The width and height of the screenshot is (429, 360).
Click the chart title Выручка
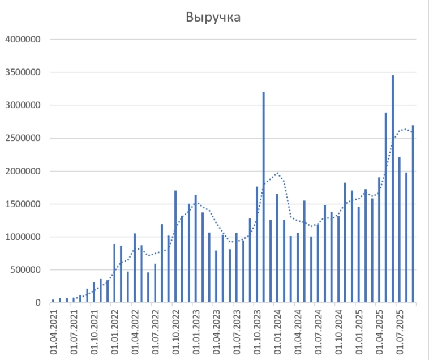tap(213, 18)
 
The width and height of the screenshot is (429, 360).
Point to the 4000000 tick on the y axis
tap(22, 40)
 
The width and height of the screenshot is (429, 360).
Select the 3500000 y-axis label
tap(22, 72)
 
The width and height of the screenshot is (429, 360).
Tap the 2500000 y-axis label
tap(22, 138)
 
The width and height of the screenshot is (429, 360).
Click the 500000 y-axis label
tap(24, 269)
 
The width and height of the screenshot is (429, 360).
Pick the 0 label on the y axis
tap(37, 303)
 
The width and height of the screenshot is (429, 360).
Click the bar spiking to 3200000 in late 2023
tap(264, 198)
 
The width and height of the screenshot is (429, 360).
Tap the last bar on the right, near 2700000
tap(413, 215)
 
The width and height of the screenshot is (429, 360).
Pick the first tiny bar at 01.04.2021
tap(53, 301)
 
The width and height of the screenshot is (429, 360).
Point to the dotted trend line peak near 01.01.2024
tap(277, 173)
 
